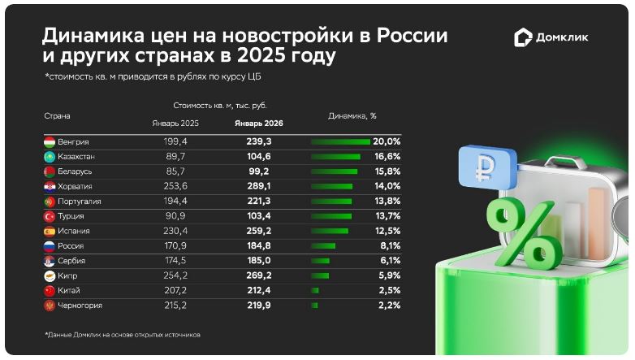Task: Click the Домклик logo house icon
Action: click(524, 37)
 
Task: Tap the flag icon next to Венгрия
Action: click(49, 141)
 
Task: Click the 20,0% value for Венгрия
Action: click(387, 141)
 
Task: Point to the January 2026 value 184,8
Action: click(259, 245)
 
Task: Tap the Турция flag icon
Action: click(49, 216)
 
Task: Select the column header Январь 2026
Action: click(259, 123)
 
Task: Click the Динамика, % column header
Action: click(352, 115)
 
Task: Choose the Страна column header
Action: click(57, 115)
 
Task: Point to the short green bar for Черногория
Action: click(314, 306)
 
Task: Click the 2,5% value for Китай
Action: click(389, 290)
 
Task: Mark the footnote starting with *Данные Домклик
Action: click(122, 335)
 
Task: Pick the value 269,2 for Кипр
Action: click(259, 275)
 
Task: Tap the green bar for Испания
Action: click(329, 231)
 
